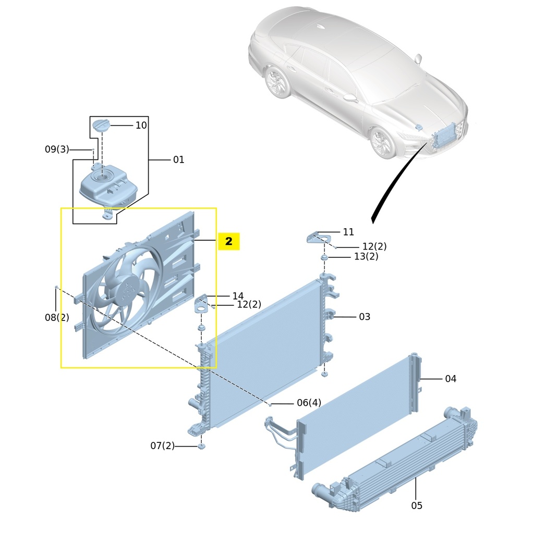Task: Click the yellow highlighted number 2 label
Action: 228,242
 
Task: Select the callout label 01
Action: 178,159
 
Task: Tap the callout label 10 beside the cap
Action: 141,125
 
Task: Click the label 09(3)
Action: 56,150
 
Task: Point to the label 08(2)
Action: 56,317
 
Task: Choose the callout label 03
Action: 364,317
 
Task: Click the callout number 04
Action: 451,379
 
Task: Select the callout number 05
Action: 416,505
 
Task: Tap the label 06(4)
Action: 309,403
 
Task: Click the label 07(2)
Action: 162,446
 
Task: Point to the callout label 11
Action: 348,232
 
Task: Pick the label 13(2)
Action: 366,256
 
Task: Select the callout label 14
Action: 238,296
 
